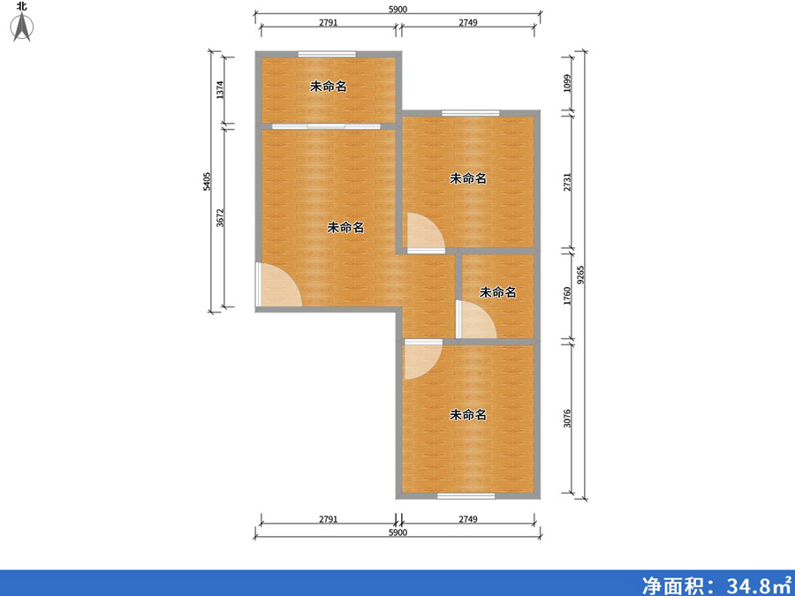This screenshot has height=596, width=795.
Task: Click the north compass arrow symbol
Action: [21, 26]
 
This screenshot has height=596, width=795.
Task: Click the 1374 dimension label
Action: [221, 88]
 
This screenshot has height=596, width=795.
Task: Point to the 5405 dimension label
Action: [207, 182]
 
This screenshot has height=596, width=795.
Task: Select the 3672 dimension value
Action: [221, 218]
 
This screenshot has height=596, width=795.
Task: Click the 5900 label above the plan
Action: [398, 9]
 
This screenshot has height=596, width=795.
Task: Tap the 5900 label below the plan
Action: [398, 533]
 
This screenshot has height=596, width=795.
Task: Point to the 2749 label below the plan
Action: [468, 519]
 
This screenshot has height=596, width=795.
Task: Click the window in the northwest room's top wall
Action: [326, 55]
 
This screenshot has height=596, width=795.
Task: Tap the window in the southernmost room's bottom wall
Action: [466, 495]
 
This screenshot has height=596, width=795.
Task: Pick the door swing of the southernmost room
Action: [421, 360]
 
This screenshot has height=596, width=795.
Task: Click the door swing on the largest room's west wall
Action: [279, 286]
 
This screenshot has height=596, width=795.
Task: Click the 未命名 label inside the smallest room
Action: [497, 292]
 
